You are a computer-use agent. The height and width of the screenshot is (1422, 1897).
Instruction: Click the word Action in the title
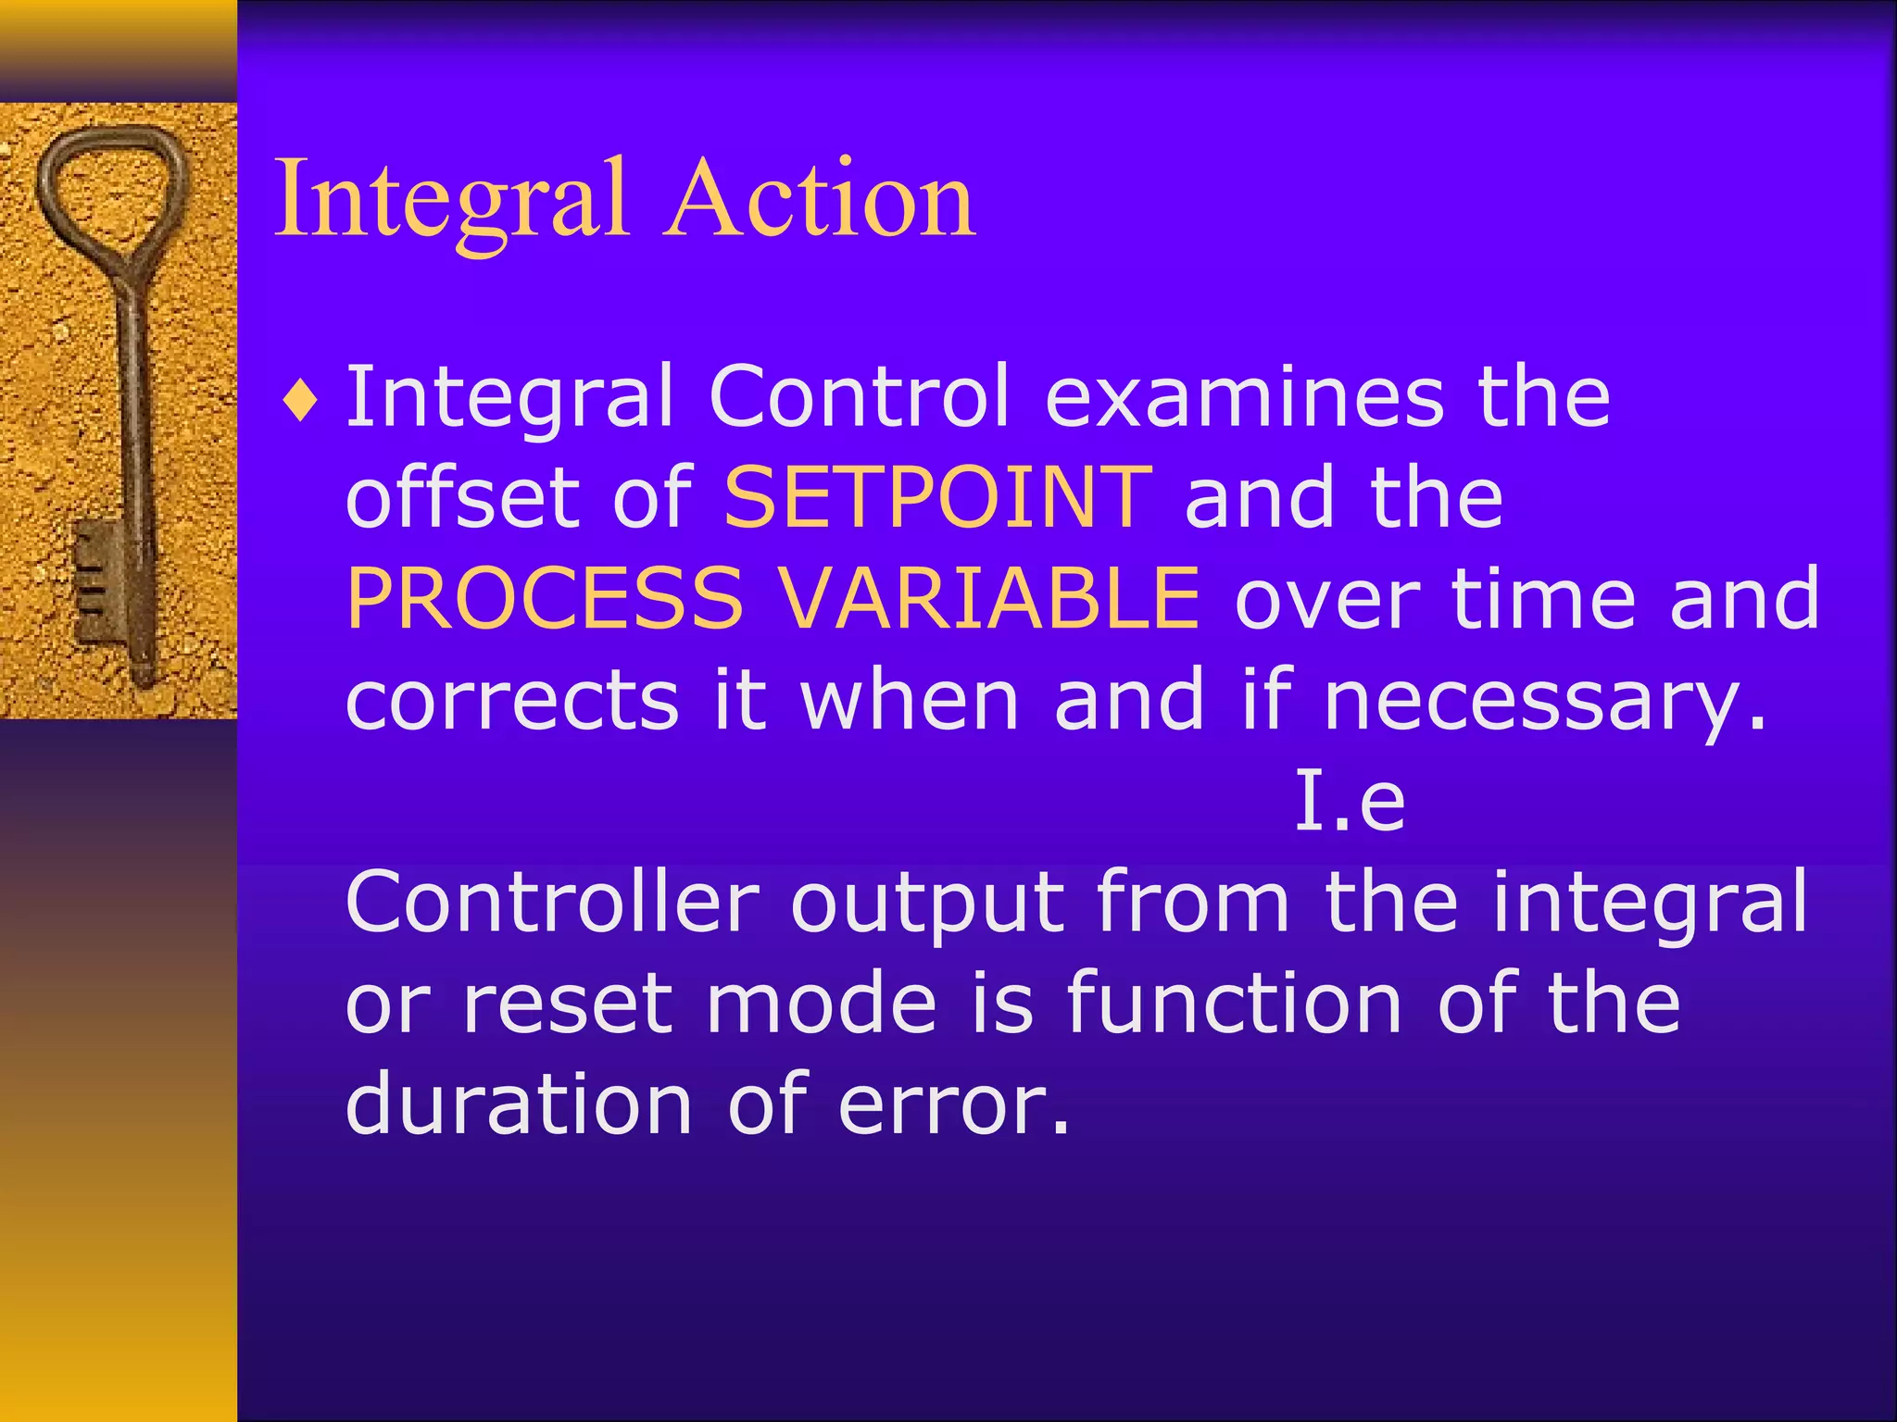(x=819, y=199)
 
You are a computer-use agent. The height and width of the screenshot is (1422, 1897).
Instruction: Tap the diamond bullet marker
(x=301, y=403)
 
